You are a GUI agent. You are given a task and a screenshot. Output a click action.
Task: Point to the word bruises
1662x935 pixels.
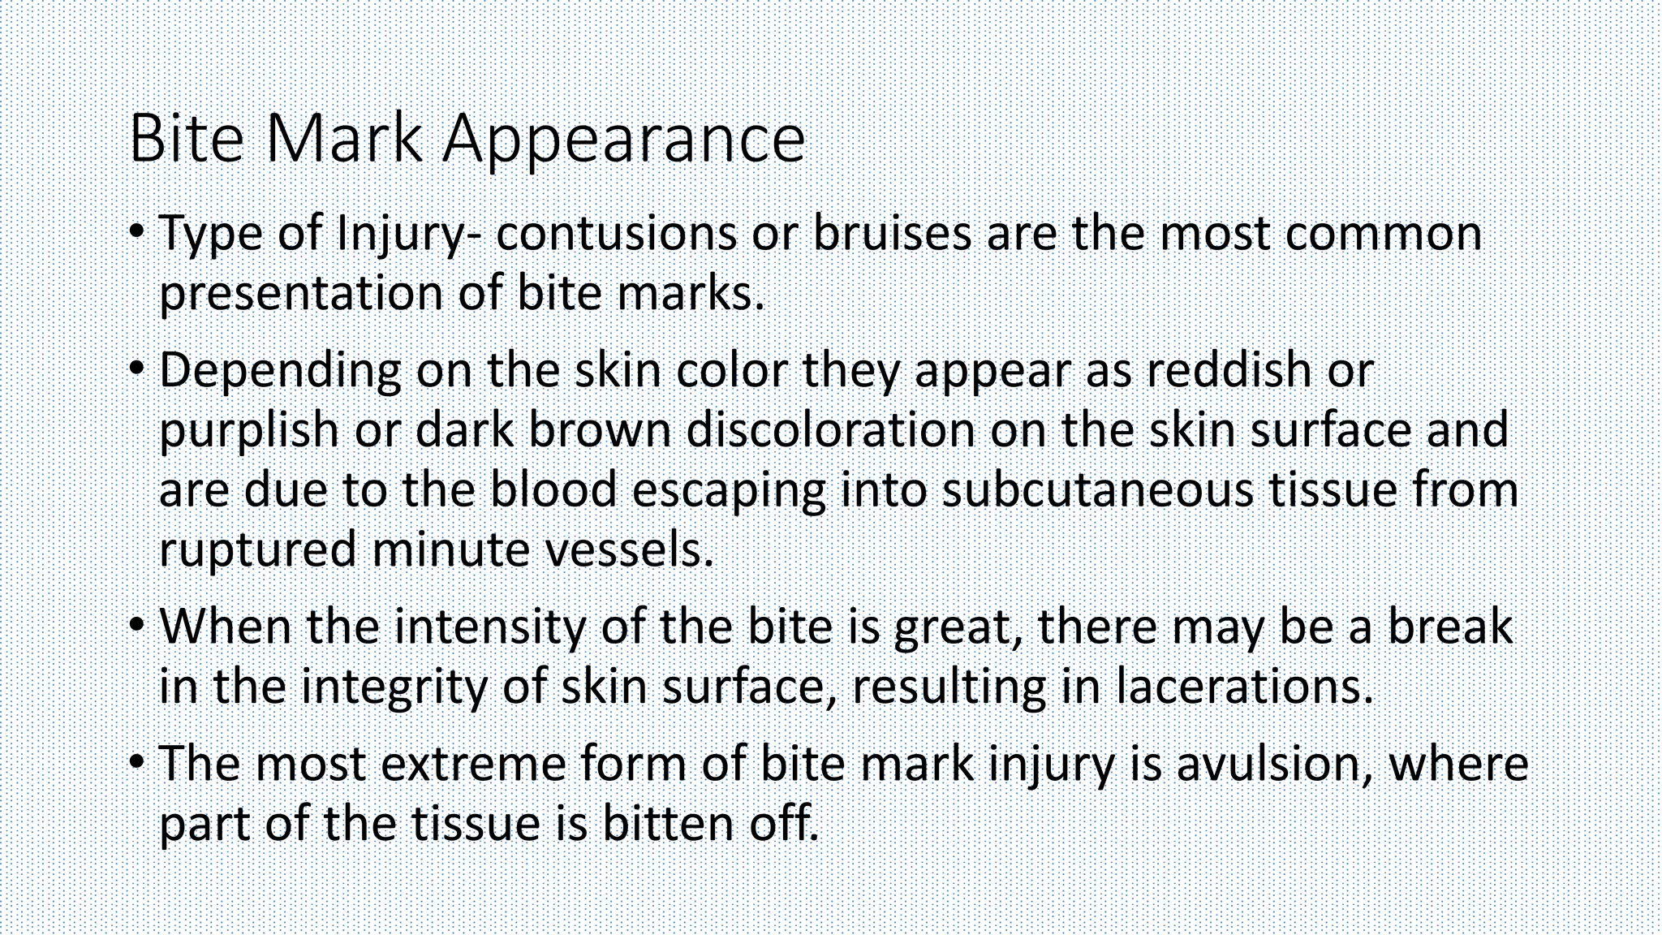tap(892, 233)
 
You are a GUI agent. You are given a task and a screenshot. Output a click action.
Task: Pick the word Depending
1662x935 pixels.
tap(280, 372)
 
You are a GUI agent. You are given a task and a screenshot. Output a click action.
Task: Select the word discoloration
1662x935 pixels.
tap(830, 429)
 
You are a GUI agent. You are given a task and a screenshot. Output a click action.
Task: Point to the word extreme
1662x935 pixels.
tap(473, 764)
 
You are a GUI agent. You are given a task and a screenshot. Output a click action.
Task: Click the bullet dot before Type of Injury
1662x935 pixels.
tap(137, 233)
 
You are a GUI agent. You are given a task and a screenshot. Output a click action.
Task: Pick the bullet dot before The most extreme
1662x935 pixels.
tap(137, 764)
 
